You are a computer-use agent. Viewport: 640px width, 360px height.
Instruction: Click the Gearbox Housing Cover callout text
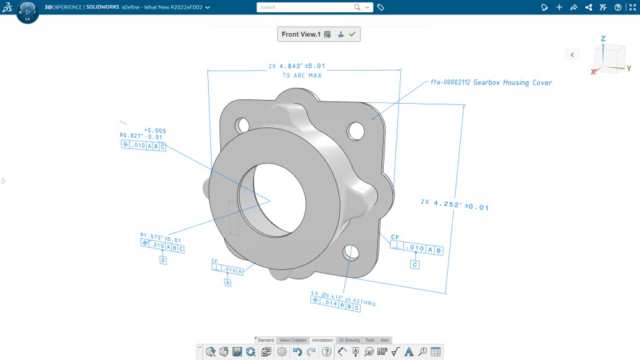click(x=492, y=83)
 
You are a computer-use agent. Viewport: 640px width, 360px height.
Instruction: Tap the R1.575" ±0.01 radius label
click(x=161, y=237)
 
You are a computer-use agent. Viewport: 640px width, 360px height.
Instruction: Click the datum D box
click(x=163, y=260)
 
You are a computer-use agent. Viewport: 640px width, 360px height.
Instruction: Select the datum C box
click(x=415, y=265)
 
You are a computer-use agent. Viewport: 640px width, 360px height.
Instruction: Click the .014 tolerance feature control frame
click(x=335, y=305)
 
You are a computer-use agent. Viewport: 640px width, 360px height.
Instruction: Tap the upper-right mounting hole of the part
click(x=356, y=130)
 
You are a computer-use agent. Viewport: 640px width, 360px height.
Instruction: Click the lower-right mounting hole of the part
click(x=351, y=251)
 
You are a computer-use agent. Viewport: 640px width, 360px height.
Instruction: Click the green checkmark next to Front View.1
click(x=353, y=35)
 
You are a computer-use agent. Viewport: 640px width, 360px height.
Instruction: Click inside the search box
click(x=306, y=7)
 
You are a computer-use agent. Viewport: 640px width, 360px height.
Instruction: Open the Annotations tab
click(x=323, y=340)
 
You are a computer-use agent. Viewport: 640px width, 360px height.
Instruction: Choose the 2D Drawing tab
click(x=348, y=340)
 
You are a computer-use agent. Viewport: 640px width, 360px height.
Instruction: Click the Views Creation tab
click(x=293, y=340)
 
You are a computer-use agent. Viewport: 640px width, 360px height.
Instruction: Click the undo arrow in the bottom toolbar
click(x=297, y=351)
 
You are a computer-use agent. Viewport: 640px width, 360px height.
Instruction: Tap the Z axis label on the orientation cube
click(x=603, y=38)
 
